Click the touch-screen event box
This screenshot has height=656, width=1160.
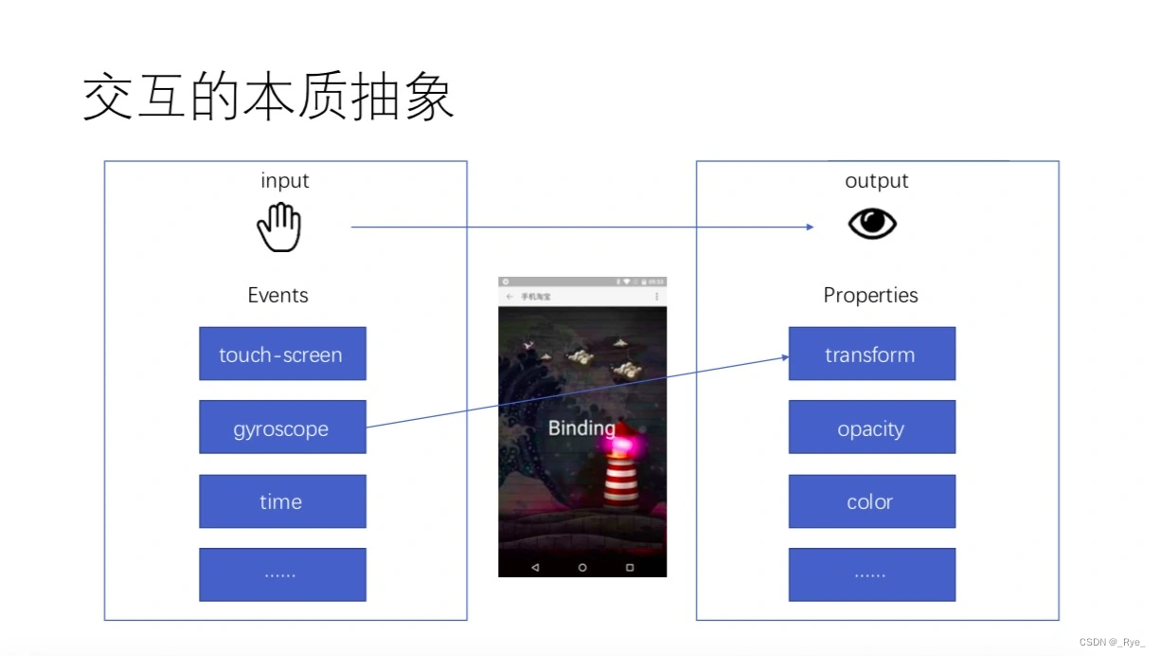pos(282,355)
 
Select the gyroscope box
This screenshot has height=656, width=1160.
pos(282,428)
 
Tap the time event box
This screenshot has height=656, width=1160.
pos(282,501)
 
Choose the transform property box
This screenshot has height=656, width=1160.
pos(871,355)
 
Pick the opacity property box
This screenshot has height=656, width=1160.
pos(871,428)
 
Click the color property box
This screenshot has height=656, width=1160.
pos(871,501)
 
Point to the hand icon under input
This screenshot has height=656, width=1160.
pos(279,228)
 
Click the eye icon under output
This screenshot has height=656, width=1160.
pos(872,224)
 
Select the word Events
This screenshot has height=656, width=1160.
pos(277,295)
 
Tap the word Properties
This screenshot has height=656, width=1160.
pos(870,295)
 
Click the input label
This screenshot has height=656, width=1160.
pos(285,180)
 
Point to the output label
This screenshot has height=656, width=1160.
pos(877,180)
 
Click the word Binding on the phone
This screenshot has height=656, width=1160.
pos(581,428)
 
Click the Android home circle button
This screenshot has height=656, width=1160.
pos(582,567)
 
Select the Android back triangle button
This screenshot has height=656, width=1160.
pos(535,567)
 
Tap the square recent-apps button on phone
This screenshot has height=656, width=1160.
pos(630,567)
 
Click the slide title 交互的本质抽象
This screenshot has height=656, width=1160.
pos(269,98)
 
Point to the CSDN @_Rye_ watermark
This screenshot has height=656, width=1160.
pos(1112,642)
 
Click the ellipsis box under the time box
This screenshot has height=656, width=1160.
pos(282,574)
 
